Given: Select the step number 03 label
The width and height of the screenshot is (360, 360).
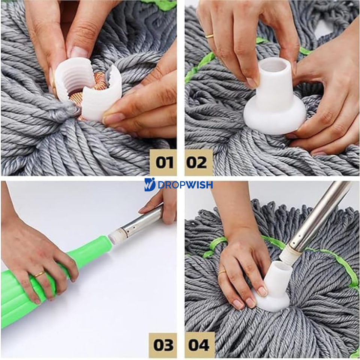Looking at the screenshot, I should click(x=163, y=345).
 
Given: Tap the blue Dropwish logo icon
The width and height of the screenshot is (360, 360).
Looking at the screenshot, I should click(x=150, y=185).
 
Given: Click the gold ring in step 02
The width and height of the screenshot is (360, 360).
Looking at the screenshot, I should click(x=209, y=36).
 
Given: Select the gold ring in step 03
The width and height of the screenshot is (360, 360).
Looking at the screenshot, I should click(x=40, y=274).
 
